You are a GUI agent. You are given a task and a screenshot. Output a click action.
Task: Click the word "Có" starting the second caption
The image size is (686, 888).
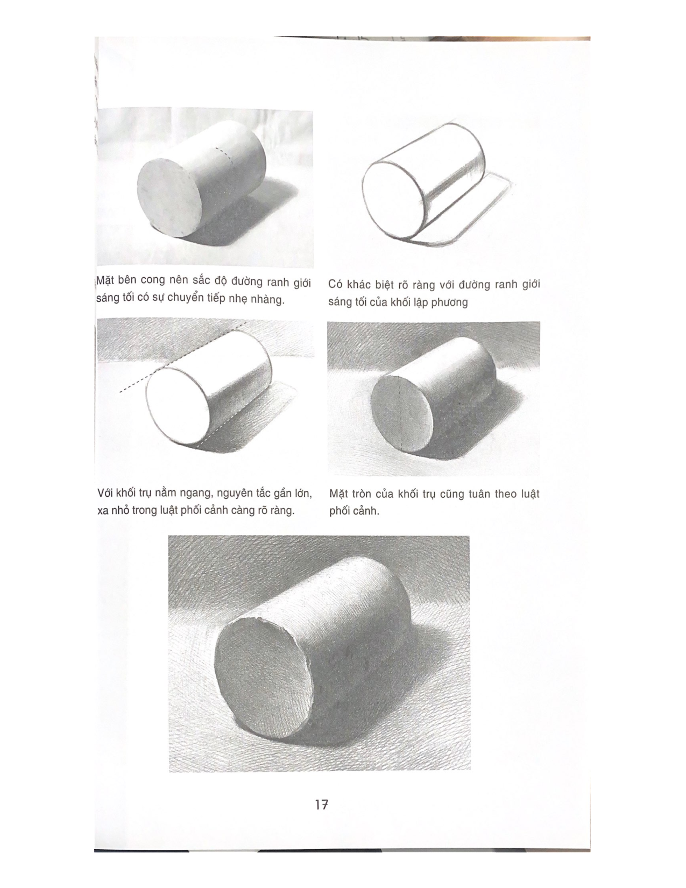[337, 285]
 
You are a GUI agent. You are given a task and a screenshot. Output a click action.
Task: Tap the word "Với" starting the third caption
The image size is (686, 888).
[107, 493]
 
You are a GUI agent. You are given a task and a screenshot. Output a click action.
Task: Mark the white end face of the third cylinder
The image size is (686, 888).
[178, 405]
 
